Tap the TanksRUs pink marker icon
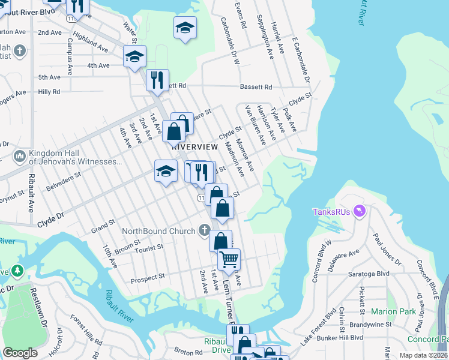(360, 211)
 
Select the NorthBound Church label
(159, 231)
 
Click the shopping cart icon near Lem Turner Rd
(229, 259)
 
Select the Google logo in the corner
(20, 352)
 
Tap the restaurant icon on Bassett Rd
(157, 79)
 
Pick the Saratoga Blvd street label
(369, 273)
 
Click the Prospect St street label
(148, 277)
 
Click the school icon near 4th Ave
(135, 57)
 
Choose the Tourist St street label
(149, 247)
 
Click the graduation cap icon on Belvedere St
(166, 170)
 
